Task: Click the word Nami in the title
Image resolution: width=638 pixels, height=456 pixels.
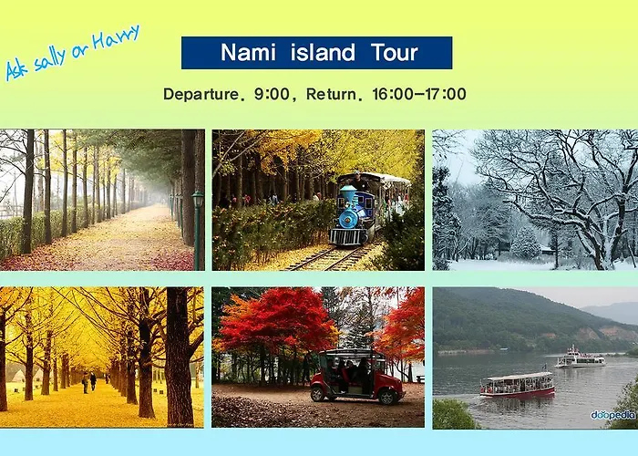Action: pyautogui.click(x=248, y=53)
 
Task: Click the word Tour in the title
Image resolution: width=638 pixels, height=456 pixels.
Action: pyautogui.click(x=395, y=53)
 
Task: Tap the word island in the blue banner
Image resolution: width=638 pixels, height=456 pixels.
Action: pyautogui.click(x=323, y=53)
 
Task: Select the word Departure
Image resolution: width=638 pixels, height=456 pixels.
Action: pyautogui.click(x=201, y=95)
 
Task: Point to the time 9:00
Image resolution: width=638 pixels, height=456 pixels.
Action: pyautogui.click(x=272, y=94)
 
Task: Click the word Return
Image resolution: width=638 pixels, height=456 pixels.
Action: pyautogui.click(x=331, y=94)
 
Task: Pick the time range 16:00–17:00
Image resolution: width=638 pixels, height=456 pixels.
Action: pyautogui.click(x=419, y=94)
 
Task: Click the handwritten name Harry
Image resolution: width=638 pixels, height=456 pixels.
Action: pyautogui.click(x=116, y=38)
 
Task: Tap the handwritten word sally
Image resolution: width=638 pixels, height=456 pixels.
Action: pyautogui.click(x=49, y=61)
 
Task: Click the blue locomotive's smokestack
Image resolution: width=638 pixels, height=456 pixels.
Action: pyautogui.click(x=348, y=194)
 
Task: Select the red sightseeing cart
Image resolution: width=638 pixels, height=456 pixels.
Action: pyautogui.click(x=356, y=377)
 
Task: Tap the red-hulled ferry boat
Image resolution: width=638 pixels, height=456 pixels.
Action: pyautogui.click(x=517, y=385)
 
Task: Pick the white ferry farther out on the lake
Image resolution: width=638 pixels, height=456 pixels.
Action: pyautogui.click(x=581, y=358)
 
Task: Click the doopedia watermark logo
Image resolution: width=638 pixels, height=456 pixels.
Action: pyautogui.click(x=613, y=415)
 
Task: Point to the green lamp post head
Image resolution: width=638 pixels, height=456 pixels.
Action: pyautogui.click(x=198, y=199)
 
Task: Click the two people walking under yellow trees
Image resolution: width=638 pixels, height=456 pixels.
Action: pyautogui.click(x=89, y=382)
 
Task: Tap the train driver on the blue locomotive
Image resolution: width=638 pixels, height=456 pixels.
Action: pyautogui.click(x=356, y=179)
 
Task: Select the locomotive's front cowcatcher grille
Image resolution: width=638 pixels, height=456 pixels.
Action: pyautogui.click(x=348, y=237)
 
